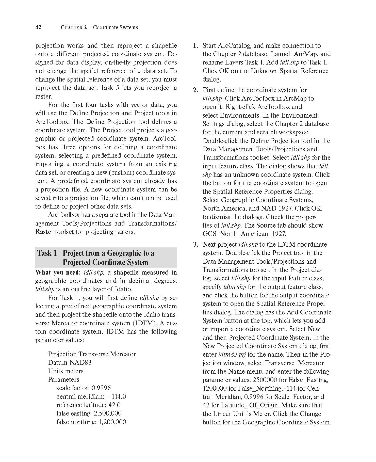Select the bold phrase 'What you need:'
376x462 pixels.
pos(58,273)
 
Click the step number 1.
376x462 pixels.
pos(195,46)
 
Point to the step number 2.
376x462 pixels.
pos(195,90)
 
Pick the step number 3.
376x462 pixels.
pos(195,245)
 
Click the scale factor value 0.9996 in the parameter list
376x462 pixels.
pos(101,388)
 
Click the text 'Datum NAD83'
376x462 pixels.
pos(70,362)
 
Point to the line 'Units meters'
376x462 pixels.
pos(66,371)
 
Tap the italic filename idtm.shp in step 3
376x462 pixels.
pos(235,287)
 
